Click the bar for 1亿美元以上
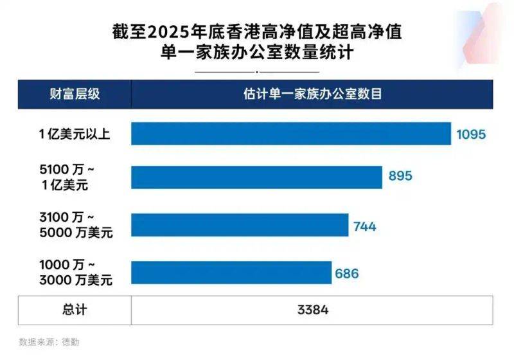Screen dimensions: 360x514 (291, 134)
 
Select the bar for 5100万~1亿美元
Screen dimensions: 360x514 (256, 177)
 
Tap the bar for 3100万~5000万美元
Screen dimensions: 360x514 (240, 226)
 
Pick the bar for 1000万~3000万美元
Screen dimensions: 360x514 (231, 273)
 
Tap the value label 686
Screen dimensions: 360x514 (346, 273)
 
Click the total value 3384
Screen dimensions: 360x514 (313, 310)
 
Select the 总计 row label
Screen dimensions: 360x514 (75, 310)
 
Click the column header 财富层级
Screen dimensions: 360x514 (75, 94)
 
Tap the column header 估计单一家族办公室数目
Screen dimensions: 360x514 (313, 94)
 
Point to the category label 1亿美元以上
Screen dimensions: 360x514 (75, 134)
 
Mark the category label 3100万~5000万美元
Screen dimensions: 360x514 (75, 226)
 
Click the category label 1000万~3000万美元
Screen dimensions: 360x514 (75, 273)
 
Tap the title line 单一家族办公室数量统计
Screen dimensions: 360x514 (257, 53)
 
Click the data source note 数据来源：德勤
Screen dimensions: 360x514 (49, 342)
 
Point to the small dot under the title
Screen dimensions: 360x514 (257, 71)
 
